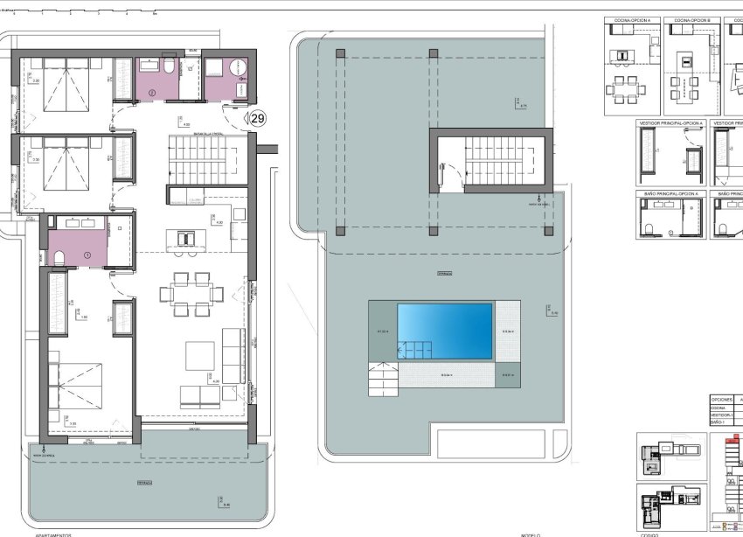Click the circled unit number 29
tap(257, 118)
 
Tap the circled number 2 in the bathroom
tap(151, 92)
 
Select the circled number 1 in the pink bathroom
tap(87, 255)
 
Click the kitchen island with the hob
tap(184, 238)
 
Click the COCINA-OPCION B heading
tap(692, 18)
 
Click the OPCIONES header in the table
tap(721, 399)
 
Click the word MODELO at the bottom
tap(530, 534)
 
